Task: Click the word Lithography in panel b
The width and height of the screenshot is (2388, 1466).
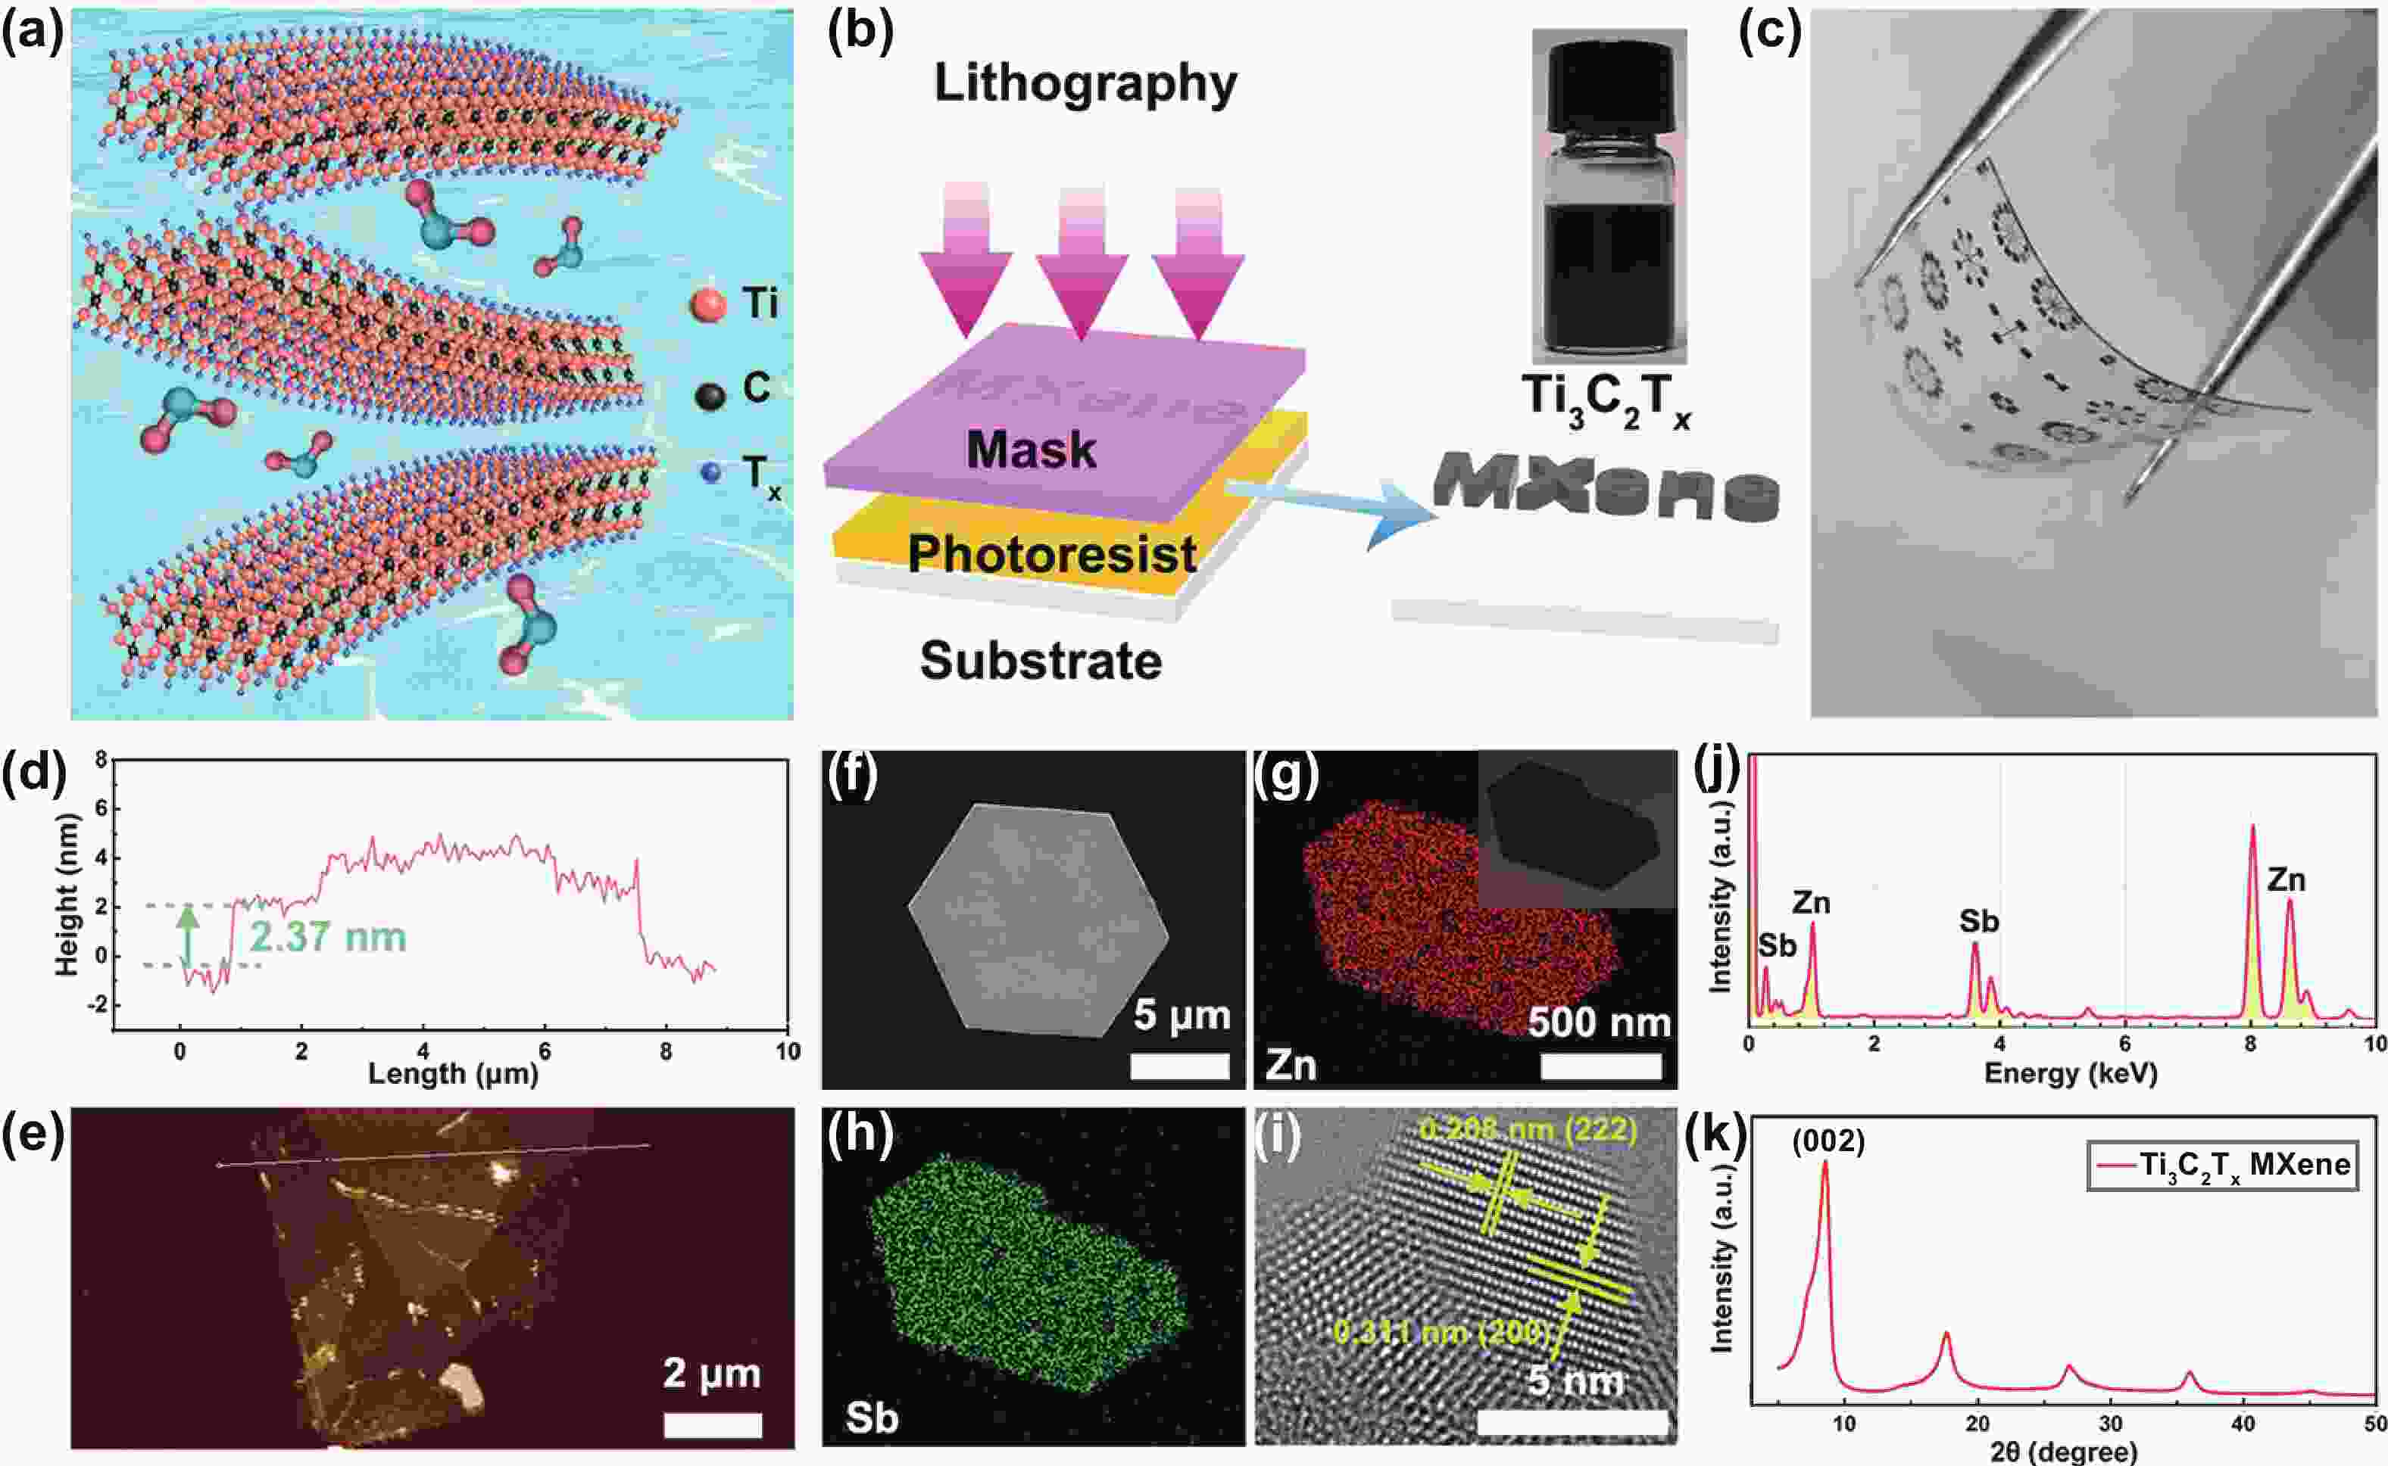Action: (x=1085, y=83)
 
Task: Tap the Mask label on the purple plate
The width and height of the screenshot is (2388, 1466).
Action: (x=1030, y=450)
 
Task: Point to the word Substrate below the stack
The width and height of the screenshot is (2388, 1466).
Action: (x=1041, y=661)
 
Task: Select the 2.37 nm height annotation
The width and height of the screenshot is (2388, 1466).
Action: (x=328, y=938)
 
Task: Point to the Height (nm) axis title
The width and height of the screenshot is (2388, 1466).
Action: (x=66, y=893)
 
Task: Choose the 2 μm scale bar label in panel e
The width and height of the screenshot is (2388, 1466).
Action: (x=711, y=1373)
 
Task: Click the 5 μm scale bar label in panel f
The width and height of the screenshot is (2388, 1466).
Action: (x=1182, y=1014)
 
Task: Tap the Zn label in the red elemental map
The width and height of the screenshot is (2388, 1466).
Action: (x=1290, y=1066)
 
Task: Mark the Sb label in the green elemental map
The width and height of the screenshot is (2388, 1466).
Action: (x=871, y=1418)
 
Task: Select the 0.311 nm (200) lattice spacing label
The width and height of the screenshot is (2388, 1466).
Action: (x=1441, y=1332)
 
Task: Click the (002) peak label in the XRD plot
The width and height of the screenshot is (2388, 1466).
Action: (x=1828, y=1141)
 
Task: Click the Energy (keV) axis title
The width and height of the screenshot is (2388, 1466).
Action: (x=2070, y=1073)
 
